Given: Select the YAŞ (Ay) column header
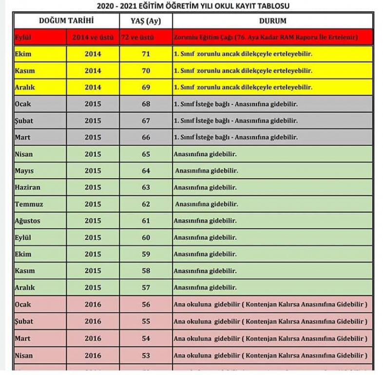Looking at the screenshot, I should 146,21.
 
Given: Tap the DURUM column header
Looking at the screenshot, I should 272,21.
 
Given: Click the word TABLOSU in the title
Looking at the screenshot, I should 270,6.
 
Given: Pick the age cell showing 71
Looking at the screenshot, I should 146,54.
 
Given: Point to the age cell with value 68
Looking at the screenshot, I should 146,104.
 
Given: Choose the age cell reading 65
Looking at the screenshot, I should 146,154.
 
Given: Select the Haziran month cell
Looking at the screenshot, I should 27,187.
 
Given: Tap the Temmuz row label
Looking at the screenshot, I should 28,204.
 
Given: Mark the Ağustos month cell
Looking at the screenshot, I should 28,221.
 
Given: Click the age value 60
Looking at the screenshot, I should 146,238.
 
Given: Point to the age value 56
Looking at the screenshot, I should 146,305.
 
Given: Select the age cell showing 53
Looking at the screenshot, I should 146,355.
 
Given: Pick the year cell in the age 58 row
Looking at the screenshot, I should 93,271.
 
